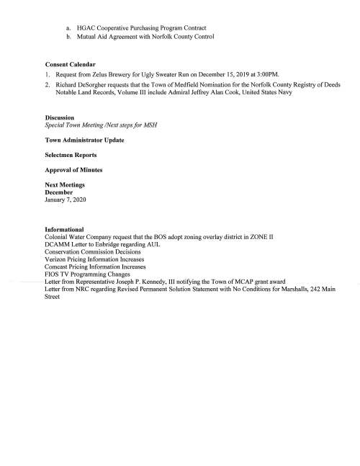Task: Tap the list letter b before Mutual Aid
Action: click(x=68, y=36)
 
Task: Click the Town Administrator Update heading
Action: click(x=84, y=140)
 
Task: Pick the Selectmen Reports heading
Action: click(x=71, y=155)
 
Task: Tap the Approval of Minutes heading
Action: click(x=73, y=170)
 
